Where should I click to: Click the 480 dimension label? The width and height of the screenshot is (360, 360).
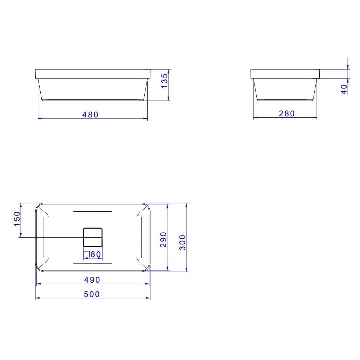click(x=90, y=114)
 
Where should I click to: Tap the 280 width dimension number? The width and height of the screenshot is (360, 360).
click(x=287, y=114)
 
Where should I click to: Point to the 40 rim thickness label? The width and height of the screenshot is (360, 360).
click(x=345, y=89)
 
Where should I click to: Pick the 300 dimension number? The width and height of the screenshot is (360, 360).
click(x=182, y=243)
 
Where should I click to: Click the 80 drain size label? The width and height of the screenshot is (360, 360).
click(x=95, y=254)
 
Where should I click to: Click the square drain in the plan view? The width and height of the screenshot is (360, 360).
click(x=93, y=237)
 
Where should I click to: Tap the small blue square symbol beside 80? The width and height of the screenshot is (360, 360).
click(x=86, y=254)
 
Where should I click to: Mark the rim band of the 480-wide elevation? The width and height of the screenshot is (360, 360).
click(x=93, y=73)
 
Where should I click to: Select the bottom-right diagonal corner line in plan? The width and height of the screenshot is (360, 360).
click(x=139, y=261)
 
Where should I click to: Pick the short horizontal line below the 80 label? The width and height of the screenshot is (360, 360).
click(x=93, y=263)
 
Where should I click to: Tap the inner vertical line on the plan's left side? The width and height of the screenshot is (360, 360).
click(x=44, y=237)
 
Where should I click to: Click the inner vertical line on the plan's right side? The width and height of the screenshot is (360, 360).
click(x=142, y=237)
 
